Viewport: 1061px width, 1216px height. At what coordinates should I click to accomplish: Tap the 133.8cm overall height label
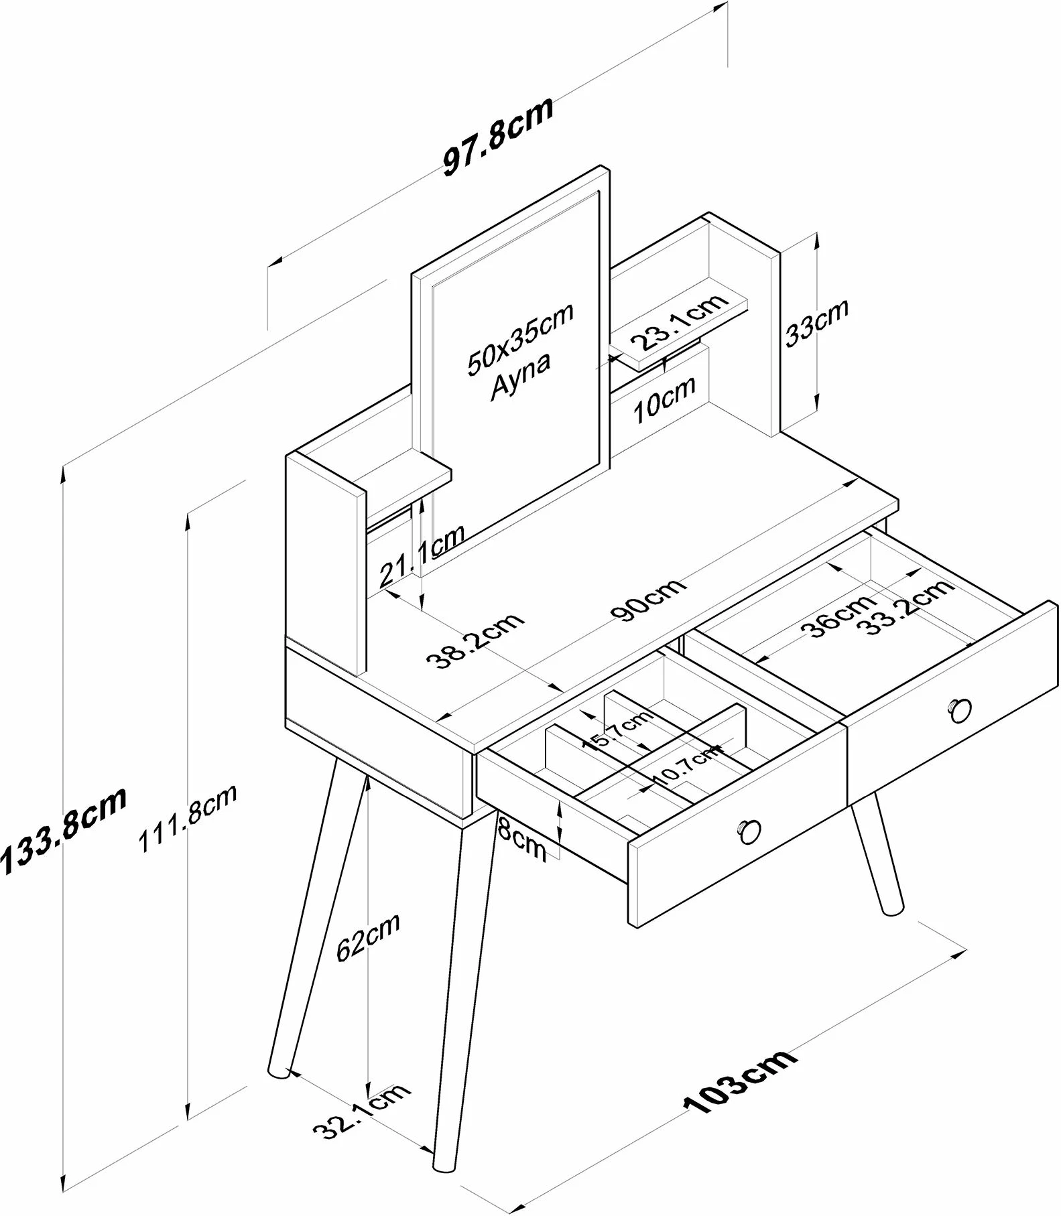click(64, 830)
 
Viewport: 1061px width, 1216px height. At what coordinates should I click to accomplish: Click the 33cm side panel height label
click(816, 322)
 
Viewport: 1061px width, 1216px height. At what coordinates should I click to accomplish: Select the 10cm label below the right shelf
click(664, 399)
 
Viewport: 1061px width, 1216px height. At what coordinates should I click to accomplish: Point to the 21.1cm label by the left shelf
click(422, 555)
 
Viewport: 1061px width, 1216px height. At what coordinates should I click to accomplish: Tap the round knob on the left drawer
click(749, 831)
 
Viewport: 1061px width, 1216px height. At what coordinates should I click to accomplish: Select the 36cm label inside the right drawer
click(836, 615)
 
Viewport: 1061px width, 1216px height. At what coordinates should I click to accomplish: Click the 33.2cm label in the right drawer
click(906, 607)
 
